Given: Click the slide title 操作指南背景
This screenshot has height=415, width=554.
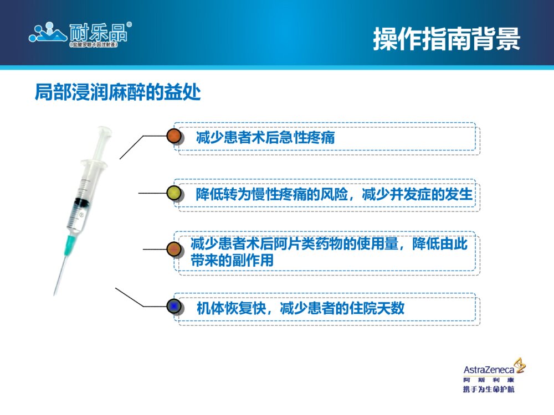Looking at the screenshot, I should tap(447, 39).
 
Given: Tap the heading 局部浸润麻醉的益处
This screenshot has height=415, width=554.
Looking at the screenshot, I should tap(117, 92).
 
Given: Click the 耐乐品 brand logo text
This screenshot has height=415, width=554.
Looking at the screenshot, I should tap(99, 32).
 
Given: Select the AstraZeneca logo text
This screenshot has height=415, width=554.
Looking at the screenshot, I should tap(488, 370).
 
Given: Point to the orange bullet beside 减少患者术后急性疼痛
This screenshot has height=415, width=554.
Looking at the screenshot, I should tap(175, 136).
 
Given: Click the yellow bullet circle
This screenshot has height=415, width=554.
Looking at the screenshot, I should tap(175, 193).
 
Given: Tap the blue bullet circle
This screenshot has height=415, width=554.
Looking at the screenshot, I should tap(175, 307).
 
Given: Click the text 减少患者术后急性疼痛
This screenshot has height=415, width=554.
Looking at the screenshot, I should tap(265, 137).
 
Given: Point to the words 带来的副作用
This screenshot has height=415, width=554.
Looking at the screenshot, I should tap(232, 261).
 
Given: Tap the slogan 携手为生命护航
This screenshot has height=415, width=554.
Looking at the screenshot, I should tap(488, 390).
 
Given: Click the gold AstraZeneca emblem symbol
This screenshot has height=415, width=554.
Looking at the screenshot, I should tap(520, 365).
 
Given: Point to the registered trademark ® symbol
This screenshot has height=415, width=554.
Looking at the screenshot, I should tap(129, 24).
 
